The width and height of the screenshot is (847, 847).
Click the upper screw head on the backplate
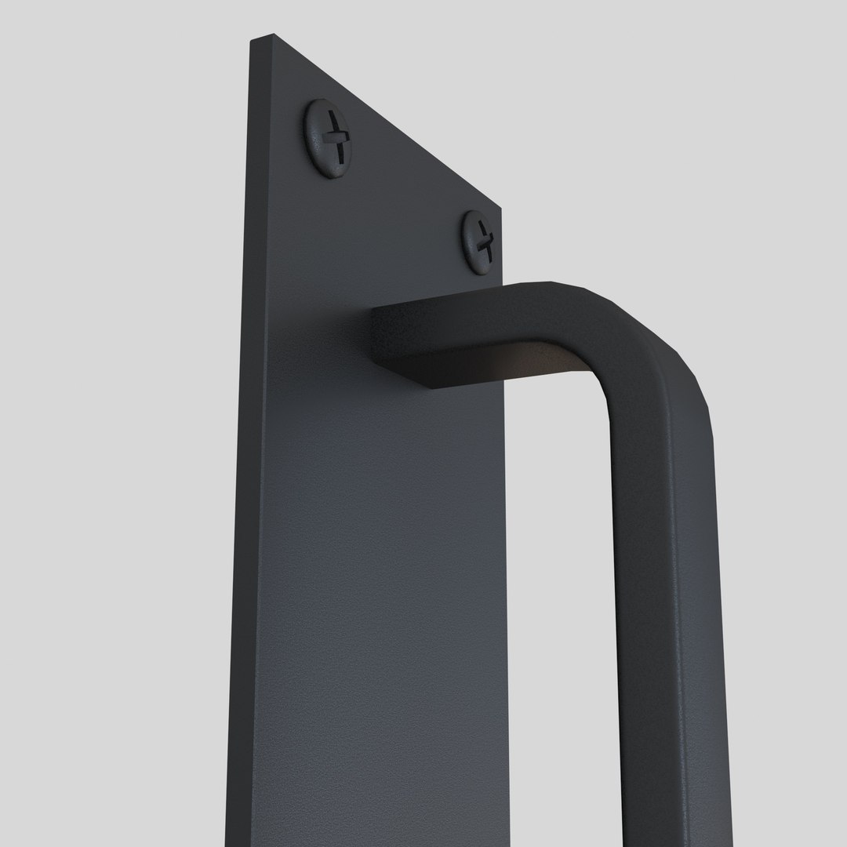(328, 138)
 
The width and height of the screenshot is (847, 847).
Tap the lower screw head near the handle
(478, 242)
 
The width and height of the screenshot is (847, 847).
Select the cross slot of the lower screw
(484, 240)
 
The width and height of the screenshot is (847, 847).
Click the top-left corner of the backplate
(253, 39)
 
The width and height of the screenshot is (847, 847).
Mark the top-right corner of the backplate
(500, 208)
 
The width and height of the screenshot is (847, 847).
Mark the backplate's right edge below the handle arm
(506, 588)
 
